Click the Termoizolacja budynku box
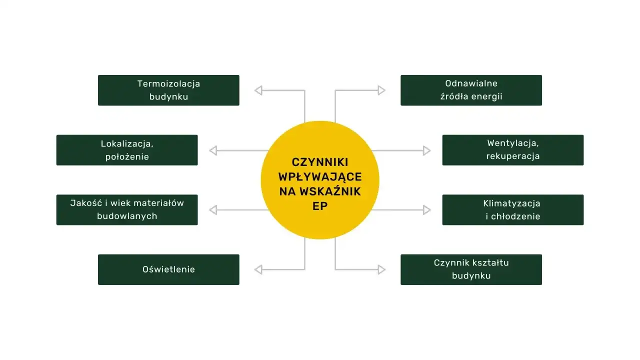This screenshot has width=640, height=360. click(x=168, y=90)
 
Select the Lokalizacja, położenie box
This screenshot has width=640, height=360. click(x=127, y=150)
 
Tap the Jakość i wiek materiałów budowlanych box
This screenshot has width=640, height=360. click(x=127, y=210)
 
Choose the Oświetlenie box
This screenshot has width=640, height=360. click(x=168, y=269)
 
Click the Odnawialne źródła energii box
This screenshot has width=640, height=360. click(x=471, y=90)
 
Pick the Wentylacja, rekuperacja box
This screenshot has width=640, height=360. click(x=512, y=150)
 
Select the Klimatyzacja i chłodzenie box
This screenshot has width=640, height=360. click(x=512, y=210)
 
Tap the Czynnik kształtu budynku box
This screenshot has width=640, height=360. click(x=471, y=269)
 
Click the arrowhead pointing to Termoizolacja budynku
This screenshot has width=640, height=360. click(x=258, y=90)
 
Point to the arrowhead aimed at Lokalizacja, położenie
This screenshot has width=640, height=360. click(x=213, y=150)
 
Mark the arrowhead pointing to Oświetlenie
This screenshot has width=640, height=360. click(x=258, y=270)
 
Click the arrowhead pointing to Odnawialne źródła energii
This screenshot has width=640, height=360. click(x=381, y=90)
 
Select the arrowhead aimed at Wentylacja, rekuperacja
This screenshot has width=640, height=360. click(x=427, y=150)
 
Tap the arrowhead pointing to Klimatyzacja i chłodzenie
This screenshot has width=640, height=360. click(x=427, y=210)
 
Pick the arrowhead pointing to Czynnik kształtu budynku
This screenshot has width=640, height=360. click(x=381, y=270)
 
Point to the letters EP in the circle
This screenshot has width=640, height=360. click(x=320, y=205)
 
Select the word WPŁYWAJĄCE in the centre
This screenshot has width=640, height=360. click(x=320, y=176)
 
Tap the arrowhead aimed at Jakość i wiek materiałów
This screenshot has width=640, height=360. click(x=213, y=210)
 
